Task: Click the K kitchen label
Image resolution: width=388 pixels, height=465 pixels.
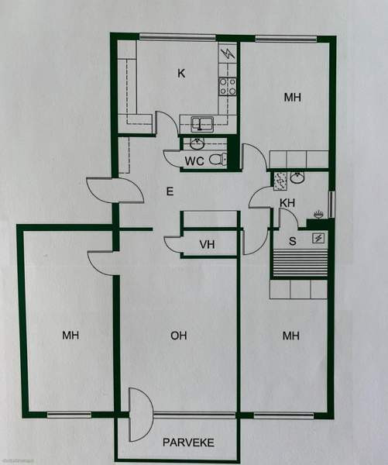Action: pyautogui.click(x=181, y=74)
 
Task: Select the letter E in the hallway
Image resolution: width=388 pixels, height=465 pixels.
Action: pyautogui.click(x=170, y=190)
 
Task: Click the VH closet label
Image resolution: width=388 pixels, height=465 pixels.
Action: pyautogui.click(x=206, y=245)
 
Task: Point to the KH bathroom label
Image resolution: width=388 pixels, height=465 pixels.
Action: pyautogui.click(x=287, y=203)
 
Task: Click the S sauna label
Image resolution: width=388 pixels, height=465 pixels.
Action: pyautogui.click(x=292, y=241)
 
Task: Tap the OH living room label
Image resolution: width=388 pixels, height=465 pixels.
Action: pyautogui.click(x=179, y=336)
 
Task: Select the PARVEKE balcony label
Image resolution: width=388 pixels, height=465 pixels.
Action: pyautogui.click(x=187, y=443)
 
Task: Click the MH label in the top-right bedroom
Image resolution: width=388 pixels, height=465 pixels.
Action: pyautogui.click(x=292, y=98)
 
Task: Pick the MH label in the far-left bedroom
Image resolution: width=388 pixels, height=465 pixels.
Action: pyautogui.click(x=71, y=336)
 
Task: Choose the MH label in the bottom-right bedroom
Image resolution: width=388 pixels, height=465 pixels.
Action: pyautogui.click(x=291, y=336)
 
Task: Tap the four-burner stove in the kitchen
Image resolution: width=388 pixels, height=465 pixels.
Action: pyautogui.click(x=227, y=85)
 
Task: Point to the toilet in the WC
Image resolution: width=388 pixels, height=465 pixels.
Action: pyautogui.click(x=221, y=160)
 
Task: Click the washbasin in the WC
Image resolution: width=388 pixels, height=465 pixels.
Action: pyautogui.click(x=197, y=143)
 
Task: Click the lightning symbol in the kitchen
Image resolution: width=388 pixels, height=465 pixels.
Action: pyautogui.click(x=227, y=54)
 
